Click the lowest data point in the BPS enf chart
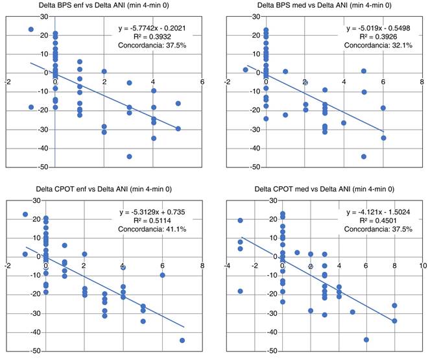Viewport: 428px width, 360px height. [x=129, y=156]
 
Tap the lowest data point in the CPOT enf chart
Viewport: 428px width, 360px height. [x=182, y=340]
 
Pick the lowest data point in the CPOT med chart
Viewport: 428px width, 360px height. [x=366, y=339]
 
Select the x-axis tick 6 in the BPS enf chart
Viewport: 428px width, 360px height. [x=202, y=82]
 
